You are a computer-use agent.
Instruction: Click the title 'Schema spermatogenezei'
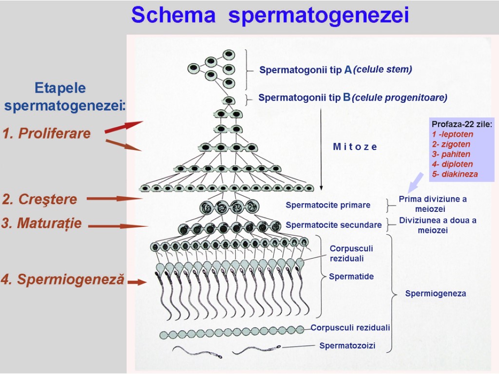(270, 16)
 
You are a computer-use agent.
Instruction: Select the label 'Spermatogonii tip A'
(306, 70)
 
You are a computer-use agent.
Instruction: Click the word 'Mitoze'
(355, 147)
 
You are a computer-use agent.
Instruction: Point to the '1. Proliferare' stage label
(47, 133)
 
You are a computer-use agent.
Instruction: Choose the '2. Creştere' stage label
(40, 199)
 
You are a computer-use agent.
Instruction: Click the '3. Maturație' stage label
(42, 224)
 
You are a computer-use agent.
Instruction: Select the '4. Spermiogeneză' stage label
(63, 280)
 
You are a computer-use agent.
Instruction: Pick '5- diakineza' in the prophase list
(455, 174)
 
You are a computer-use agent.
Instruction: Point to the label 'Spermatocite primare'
(328, 205)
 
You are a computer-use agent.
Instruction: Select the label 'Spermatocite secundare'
(333, 225)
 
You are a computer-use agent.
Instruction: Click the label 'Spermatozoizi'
(347, 346)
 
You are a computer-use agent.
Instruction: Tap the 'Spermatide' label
(351, 277)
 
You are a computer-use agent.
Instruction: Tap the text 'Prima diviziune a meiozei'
(433, 204)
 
